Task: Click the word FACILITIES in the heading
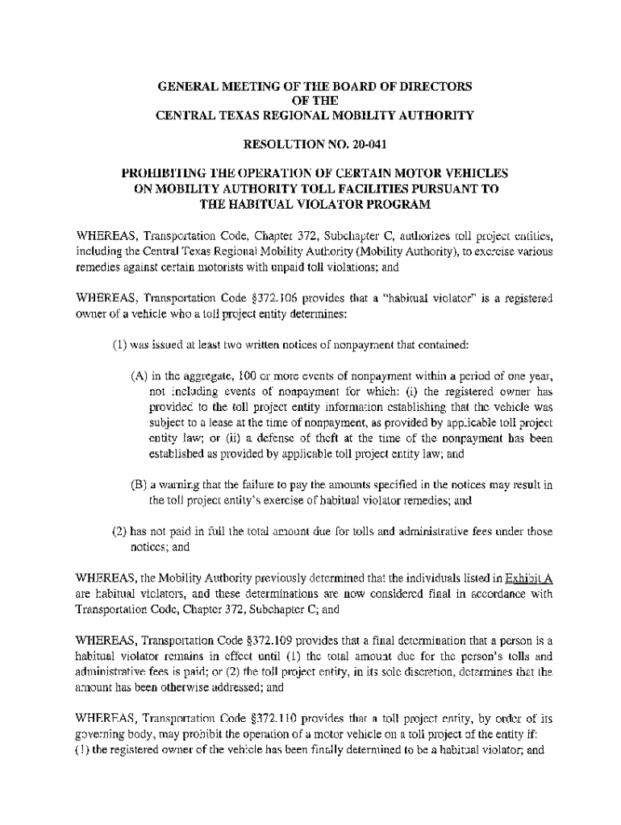pyautogui.click(x=365, y=189)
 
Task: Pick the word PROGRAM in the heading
pyautogui.click(x=397, y=205)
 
